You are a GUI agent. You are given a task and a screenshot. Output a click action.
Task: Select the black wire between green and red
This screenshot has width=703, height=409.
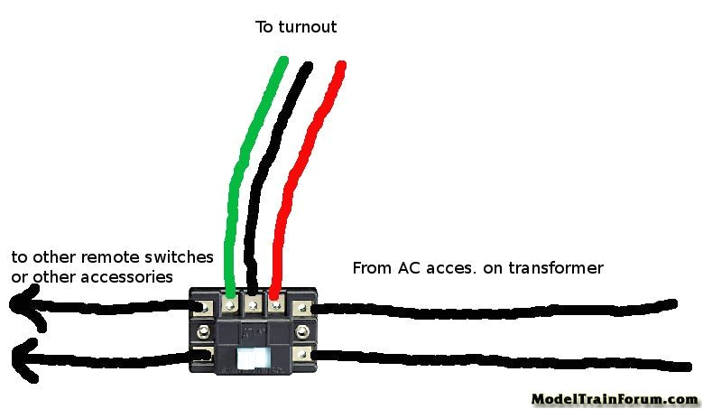click(x=271, y=181)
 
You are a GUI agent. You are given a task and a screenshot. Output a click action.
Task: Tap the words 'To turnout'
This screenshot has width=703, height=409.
click(x=296, y=27)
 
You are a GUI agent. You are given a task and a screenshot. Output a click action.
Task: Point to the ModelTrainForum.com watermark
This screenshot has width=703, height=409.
click(x=614, y=398)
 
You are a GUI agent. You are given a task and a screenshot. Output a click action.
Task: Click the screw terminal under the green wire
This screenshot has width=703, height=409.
click(x=230, y=307)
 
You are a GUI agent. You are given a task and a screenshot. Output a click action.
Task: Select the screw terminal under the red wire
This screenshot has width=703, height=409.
click(x=275, y=307)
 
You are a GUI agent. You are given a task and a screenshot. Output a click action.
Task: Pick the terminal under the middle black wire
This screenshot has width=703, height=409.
click(x=254, y=307)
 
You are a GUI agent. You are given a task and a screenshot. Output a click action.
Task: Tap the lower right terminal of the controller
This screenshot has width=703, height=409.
click(x=301, y=354)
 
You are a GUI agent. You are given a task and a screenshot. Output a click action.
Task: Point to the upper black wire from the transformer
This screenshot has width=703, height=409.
click(x=496, y=307)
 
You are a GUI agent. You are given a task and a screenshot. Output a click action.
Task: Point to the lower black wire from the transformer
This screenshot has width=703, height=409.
click(x=496, y=360)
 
